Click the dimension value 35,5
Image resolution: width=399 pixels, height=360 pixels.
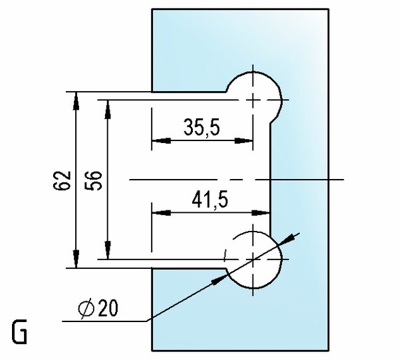tap(201, 127)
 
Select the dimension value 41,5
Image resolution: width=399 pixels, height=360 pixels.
tap(210, 200)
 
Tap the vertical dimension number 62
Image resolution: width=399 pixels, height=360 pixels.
tap(62, 180)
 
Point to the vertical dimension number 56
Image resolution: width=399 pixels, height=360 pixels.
tap(93, 180)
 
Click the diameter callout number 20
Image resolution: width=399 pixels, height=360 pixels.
tap(108, 308)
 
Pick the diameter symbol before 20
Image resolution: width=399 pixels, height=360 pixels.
tap(86, 309)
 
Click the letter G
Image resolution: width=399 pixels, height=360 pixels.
tap(19, 331)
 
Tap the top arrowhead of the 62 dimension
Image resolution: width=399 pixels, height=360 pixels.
tap(76, 101)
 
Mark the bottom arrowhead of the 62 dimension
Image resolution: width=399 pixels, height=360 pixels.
tap(76, 259)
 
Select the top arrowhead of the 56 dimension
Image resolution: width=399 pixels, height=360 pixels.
tap(108, 110)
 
